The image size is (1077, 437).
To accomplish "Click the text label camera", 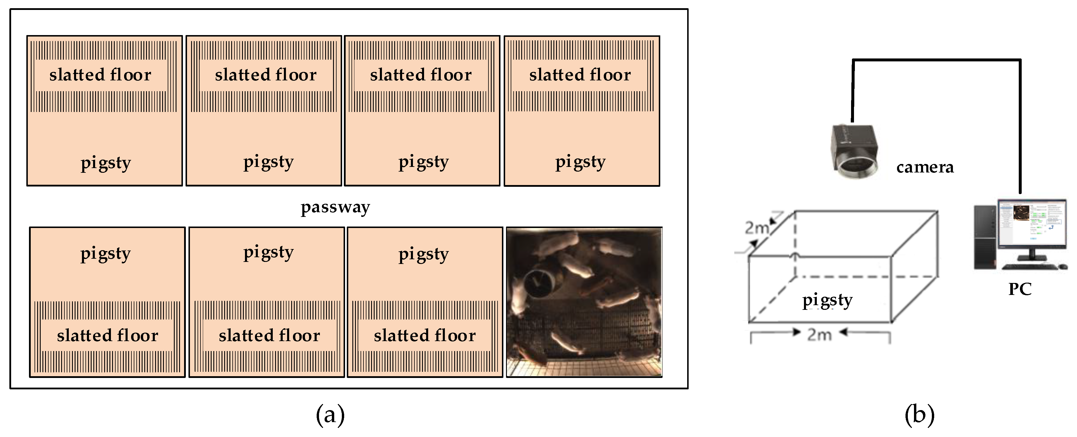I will point(925,167).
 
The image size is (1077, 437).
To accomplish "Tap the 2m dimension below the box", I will point(819,335).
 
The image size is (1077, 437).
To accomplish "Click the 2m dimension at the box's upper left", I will point(757,227).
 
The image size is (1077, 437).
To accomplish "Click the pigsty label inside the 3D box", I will point(827,300).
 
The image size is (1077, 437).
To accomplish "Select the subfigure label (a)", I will point(330,415).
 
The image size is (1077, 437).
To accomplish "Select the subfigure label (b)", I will point(919,415).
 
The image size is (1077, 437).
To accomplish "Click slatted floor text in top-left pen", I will point(100,75).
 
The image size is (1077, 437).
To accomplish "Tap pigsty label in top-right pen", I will point(580,162).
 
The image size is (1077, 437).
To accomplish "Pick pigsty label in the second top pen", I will point(268,162).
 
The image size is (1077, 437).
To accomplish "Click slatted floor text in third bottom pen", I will point(425,336).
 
